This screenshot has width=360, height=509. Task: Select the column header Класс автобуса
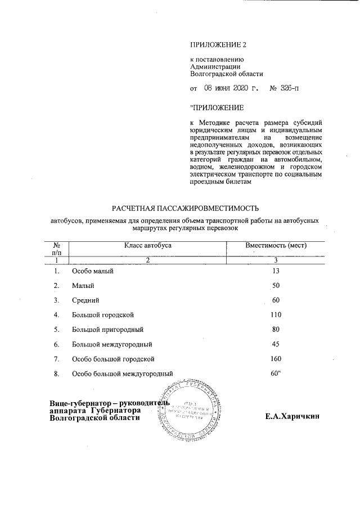click(148, 246)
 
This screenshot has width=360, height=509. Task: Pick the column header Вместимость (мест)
click(276, 246)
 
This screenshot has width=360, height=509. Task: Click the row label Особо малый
click(93, 271)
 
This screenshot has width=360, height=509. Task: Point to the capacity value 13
click(276, 271)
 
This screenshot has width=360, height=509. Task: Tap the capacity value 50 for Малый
click(276, 286)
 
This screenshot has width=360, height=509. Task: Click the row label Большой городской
click(103, 315)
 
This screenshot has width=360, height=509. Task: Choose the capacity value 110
click(276, 315)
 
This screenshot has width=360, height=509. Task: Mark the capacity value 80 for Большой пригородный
click(276, 330)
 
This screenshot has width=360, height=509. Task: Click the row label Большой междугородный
click(112, 344)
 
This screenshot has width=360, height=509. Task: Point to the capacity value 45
click(276, 344)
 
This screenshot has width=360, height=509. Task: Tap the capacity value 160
click(276, 359)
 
